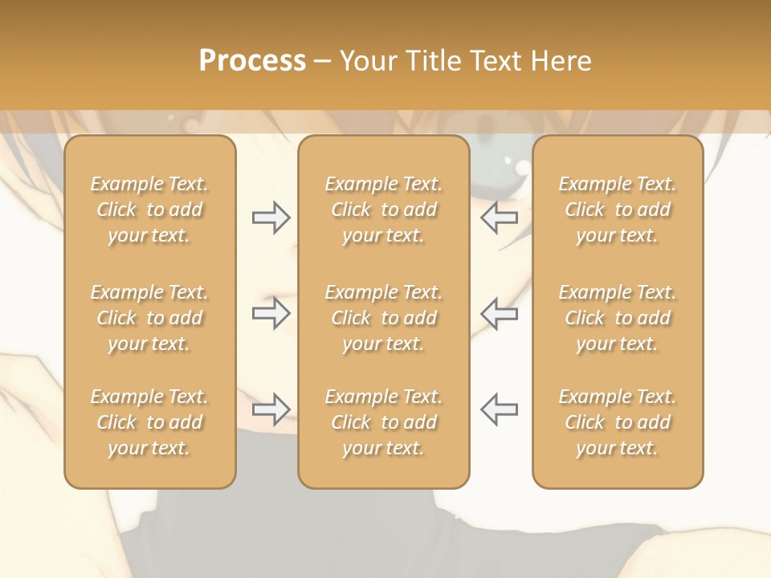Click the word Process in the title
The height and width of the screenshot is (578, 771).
(x=252, y=61)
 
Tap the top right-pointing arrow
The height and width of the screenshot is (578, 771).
(x=271, y=218)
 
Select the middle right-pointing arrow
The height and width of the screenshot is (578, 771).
(x=271, y=313)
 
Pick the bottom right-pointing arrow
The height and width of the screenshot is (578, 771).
(x=271, y=409)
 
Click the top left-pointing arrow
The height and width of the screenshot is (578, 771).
(x=500, y=218)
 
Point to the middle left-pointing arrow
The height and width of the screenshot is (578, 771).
(x=500, y=313)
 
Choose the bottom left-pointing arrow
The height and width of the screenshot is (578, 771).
(x=500, y=409)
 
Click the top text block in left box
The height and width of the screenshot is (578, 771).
(x=149, y=210)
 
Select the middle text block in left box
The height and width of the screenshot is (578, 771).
(x=149, y=318)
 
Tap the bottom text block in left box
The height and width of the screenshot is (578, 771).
(x=149, y=422)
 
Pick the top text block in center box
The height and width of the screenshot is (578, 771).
(x=384, y=210)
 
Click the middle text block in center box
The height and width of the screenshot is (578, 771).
(x=384, y=318)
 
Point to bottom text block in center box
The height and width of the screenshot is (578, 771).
(x=384, y=422)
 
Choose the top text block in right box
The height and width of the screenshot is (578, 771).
(x=618, y=210)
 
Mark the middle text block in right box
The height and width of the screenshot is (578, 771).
(x=618, y=318)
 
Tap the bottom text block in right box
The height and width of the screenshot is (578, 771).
(x=618, y=422)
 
